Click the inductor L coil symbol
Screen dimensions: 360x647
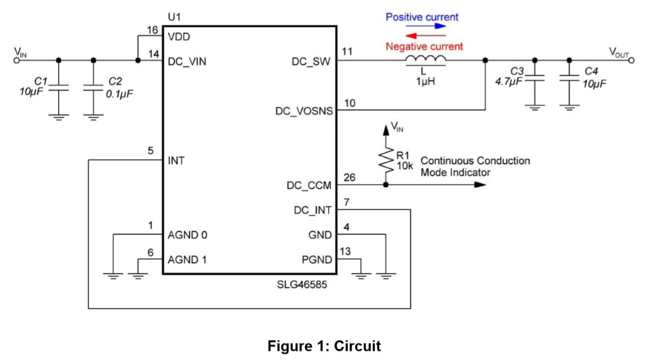click(x=425, y=61)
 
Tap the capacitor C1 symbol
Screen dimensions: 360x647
click(x=59, y=87)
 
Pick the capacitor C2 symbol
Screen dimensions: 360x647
click(x=94, y=87)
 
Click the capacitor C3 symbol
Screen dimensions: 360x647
click(x=535, y=78)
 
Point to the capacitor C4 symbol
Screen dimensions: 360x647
click(x=569, y=78)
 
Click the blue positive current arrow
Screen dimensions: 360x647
click(x=429, y=26)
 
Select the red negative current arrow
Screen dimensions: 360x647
click(x=426, y=35)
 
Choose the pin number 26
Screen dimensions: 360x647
click(x=349, y=177)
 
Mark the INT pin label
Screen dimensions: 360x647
click(x=176, y=161)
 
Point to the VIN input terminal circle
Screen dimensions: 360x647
click(x=16, y=61)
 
